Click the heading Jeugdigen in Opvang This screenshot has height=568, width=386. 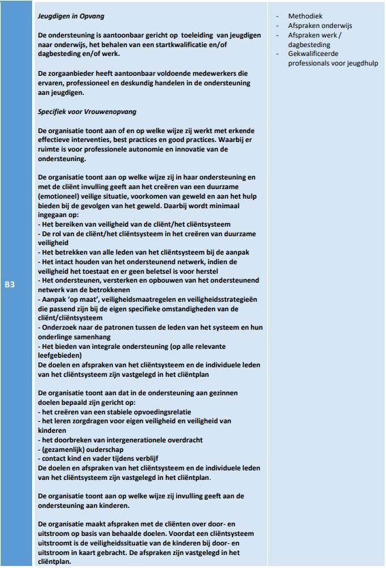72,16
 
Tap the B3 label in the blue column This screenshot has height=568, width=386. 10,284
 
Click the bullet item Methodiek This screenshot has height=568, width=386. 304,16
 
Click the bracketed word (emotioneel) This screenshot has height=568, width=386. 61,196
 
